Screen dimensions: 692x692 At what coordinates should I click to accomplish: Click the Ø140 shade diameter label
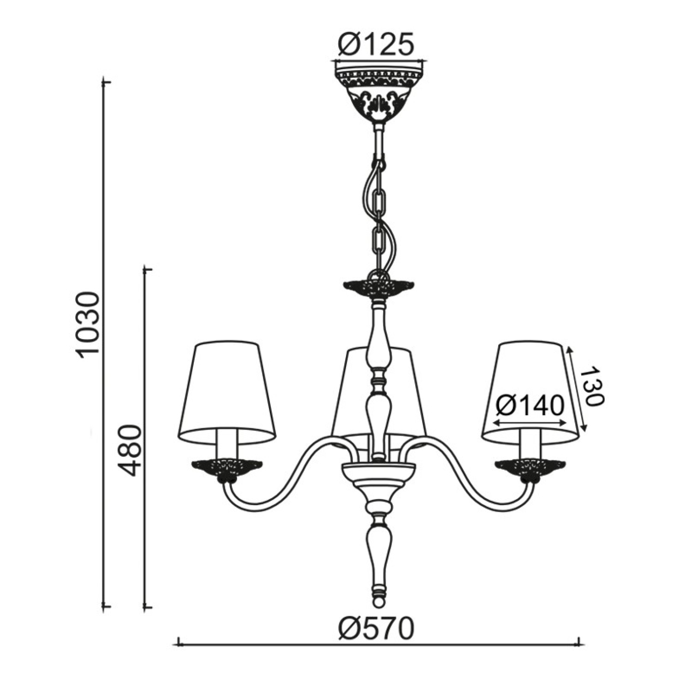click(530, 406)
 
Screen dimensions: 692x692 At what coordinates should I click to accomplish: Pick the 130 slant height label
click(591, 387)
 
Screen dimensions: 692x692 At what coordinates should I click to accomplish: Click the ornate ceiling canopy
click(379, 95)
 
